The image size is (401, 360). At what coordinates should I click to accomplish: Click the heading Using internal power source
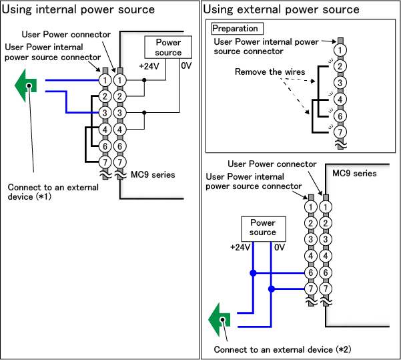coord(79,9)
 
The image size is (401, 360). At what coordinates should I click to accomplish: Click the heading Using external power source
coord(281,9)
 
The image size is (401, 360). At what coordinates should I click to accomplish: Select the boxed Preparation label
coord(235,29)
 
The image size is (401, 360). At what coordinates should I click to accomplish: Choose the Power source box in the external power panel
coord(263,228)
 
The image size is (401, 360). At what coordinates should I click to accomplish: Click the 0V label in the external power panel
coord(280,247)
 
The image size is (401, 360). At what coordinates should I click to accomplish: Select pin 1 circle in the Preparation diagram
coord(340,50)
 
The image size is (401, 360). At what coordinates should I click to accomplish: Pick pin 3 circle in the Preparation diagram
coord(340,82)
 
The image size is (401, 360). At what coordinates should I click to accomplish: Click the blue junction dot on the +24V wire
coord(254,273)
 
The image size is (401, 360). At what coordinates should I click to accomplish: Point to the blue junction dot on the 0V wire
coord(271,289)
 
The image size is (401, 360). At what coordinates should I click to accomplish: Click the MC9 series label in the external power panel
coord(355,174)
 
